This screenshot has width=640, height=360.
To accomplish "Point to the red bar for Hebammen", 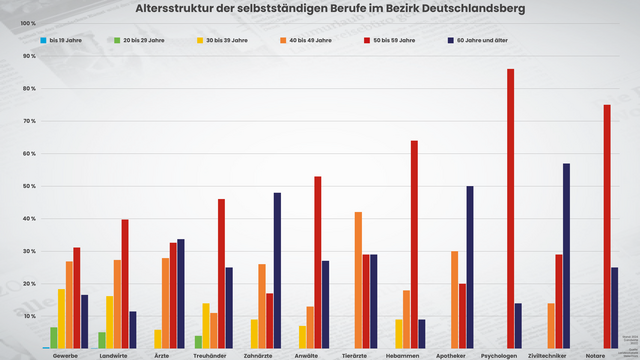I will click(414, 244).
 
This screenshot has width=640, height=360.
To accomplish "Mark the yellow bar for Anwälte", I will click(301, 336).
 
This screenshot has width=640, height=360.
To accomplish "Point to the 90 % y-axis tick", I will click(28, 56).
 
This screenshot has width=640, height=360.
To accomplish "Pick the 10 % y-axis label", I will click(28, 316).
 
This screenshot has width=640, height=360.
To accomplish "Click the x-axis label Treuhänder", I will click(209, 354).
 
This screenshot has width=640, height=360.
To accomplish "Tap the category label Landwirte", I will click(113, 354).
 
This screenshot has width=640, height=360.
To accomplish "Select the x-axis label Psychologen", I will click(498, 354).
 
